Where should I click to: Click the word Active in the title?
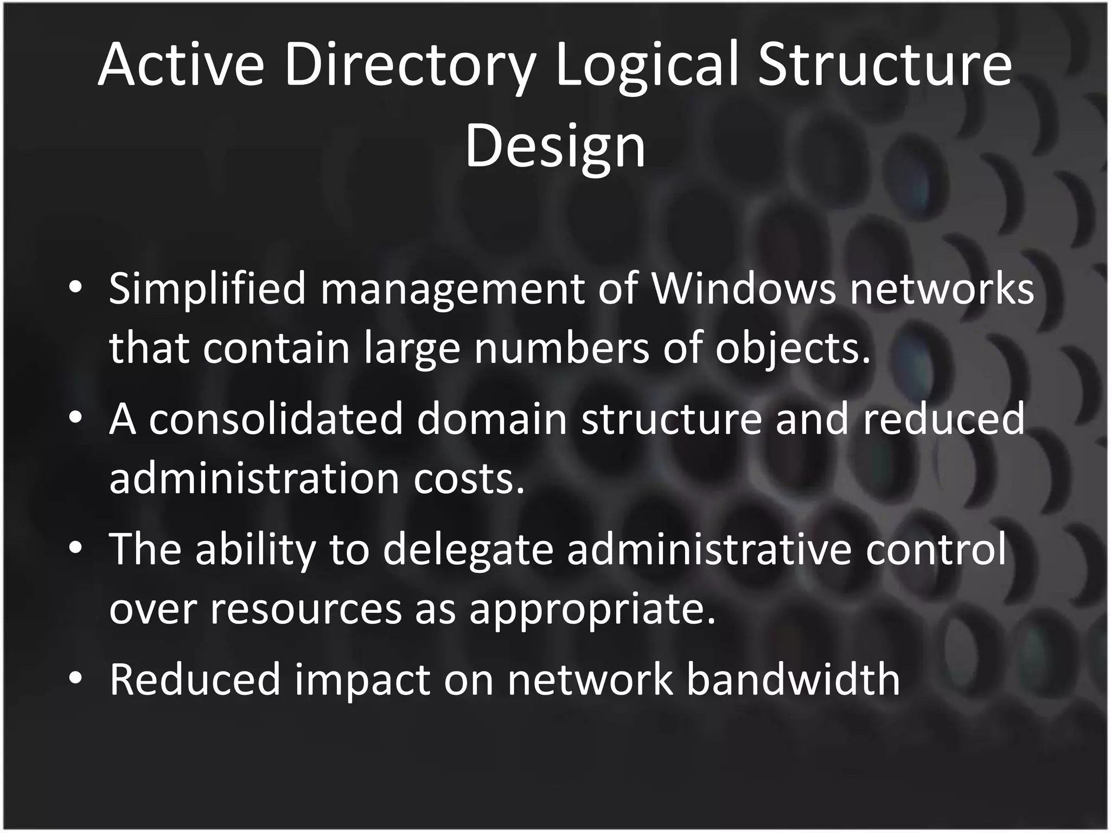point(181,65)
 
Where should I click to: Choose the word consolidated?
point(276,419)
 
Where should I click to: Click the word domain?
point(491,419)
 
